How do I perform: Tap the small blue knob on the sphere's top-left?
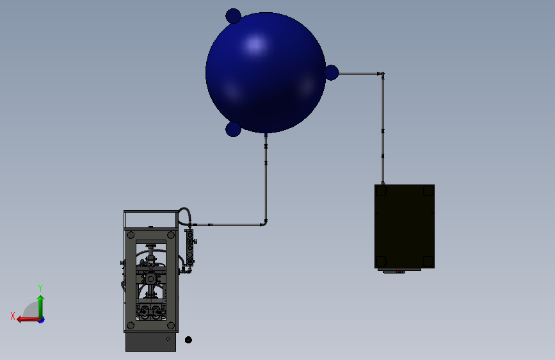[234, 16]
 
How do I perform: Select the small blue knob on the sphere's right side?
[331, 72]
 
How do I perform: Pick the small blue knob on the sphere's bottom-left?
[234, 129]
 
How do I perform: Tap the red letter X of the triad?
[12, 315]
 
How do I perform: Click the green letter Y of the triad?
[40, 288]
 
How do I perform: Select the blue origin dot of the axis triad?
[41, 319]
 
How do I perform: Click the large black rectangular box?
[405, 226]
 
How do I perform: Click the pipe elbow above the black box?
[382, 75]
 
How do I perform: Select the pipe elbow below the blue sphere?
[264, 223]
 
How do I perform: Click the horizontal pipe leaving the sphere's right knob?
[358, 74]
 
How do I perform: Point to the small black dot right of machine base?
[188, 340]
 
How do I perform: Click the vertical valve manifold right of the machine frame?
[189, 248]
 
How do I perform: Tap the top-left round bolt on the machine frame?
[131, 235]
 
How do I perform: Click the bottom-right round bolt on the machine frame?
[171, 325]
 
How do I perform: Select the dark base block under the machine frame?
[150, 342]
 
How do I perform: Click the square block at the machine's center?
[150, 279]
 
